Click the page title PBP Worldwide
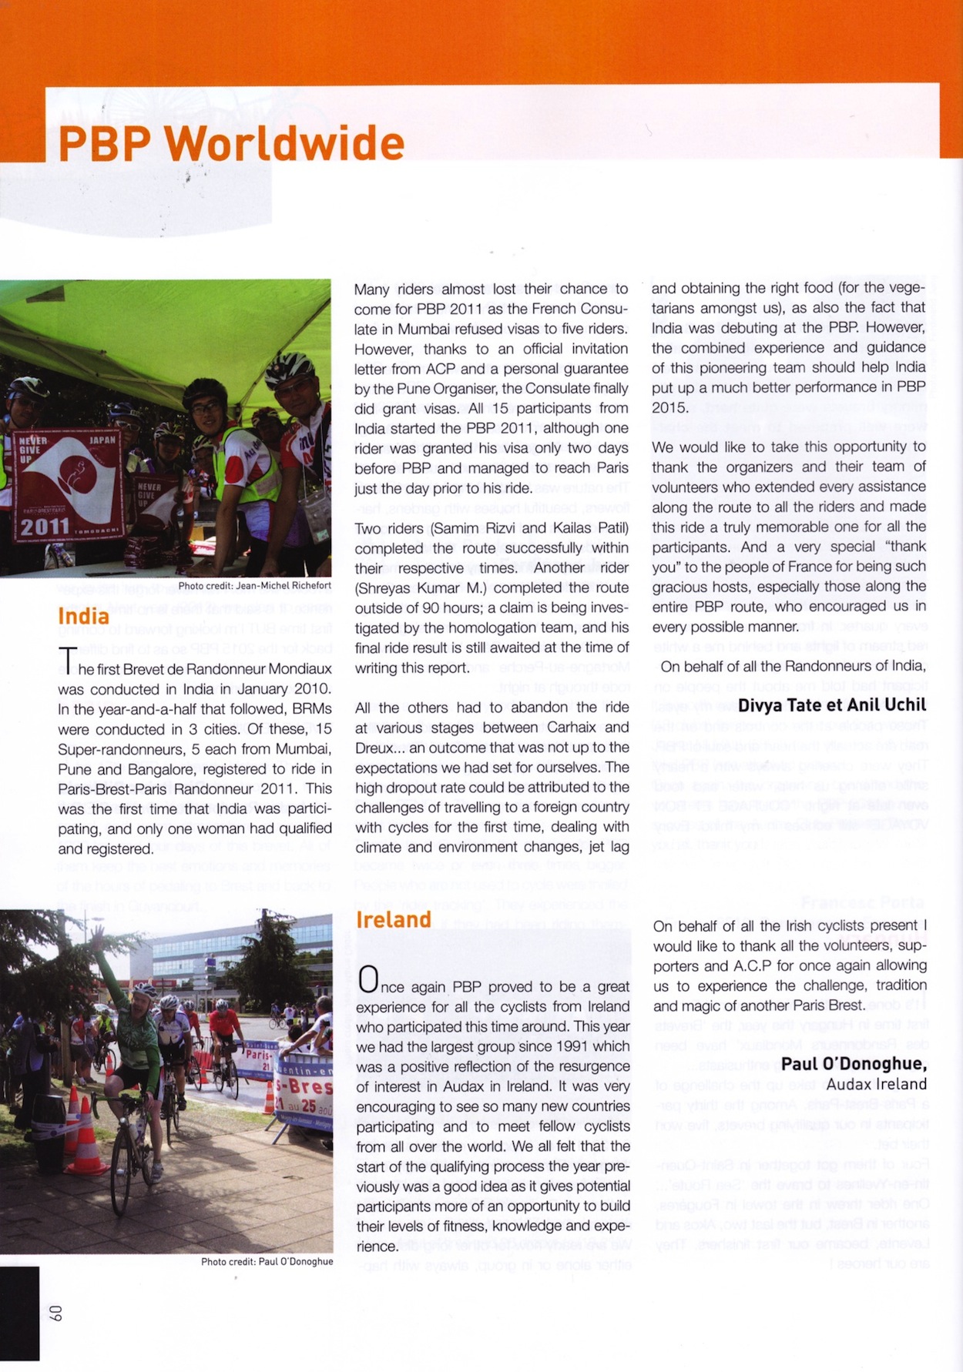tap(231, 143)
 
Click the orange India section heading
tap(83, 616)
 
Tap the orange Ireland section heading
tap(393, 919)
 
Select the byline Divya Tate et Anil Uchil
tap(832, 705)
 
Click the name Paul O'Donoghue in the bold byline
tap(852, 1063)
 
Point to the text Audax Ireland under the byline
tap(877, 1084)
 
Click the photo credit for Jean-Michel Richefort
tap(254, 586)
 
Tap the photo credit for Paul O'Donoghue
tap(267, 1261)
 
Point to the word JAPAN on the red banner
tap(102, 440)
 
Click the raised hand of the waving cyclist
tap(97, 935)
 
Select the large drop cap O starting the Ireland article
tap(368, 979)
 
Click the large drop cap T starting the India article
tap(68, 661)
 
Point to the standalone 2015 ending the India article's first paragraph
tap(669, 407)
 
